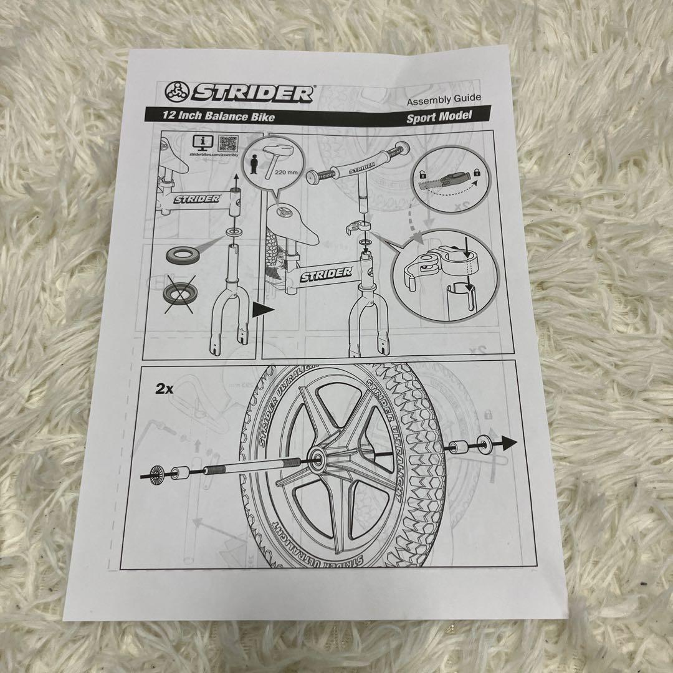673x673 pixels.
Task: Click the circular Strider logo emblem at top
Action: click(x=178, y=93)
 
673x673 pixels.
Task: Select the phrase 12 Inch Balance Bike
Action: click(x=209, y=115)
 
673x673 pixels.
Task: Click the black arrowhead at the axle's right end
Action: click(x=510, y=443)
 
